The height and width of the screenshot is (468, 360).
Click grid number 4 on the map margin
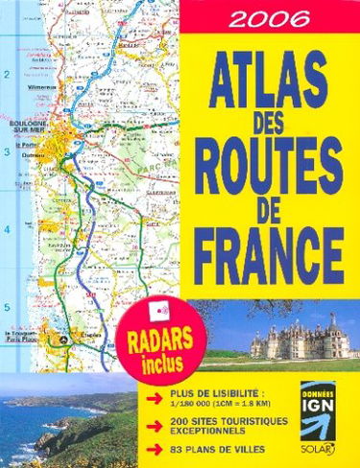[x=9, y=229]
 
